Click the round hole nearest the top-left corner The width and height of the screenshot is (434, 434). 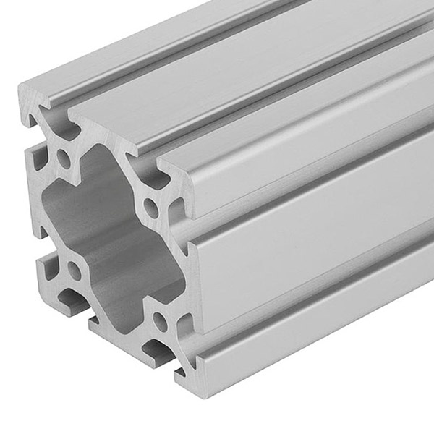point(64,158)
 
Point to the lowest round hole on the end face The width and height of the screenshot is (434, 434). point(158,319)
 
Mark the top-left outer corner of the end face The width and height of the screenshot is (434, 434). point(20,87)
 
